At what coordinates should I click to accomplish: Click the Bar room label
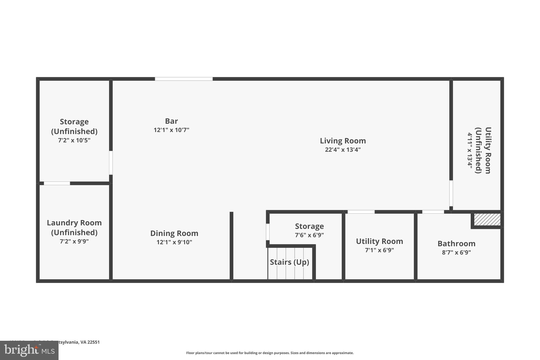(171, 121)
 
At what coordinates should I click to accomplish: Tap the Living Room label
(343, 141)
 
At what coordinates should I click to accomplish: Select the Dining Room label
(174, 233)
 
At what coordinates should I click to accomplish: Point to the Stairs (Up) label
(289, 262)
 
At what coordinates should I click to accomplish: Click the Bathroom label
(456, 243)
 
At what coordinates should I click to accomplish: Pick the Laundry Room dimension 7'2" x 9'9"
(74, 241)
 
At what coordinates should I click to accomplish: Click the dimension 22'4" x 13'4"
(343, 150)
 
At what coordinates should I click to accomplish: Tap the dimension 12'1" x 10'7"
(171, 130)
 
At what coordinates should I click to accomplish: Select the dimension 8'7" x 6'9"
(456, 252)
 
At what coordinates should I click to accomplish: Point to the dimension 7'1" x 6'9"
(379, 250)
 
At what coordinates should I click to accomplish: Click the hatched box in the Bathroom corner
(487, 219)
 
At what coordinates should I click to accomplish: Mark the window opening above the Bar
(184, 79)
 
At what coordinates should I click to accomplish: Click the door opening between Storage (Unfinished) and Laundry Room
(57, 183)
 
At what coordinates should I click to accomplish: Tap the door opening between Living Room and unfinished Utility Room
(451, 193)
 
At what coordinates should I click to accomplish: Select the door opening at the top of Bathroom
(433, 212)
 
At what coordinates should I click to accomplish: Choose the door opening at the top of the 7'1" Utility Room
(361, 212)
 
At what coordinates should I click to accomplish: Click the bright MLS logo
(29, 350)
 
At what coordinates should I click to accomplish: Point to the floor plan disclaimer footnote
(270, 353)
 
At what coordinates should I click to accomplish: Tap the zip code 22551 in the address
(94, 342)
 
